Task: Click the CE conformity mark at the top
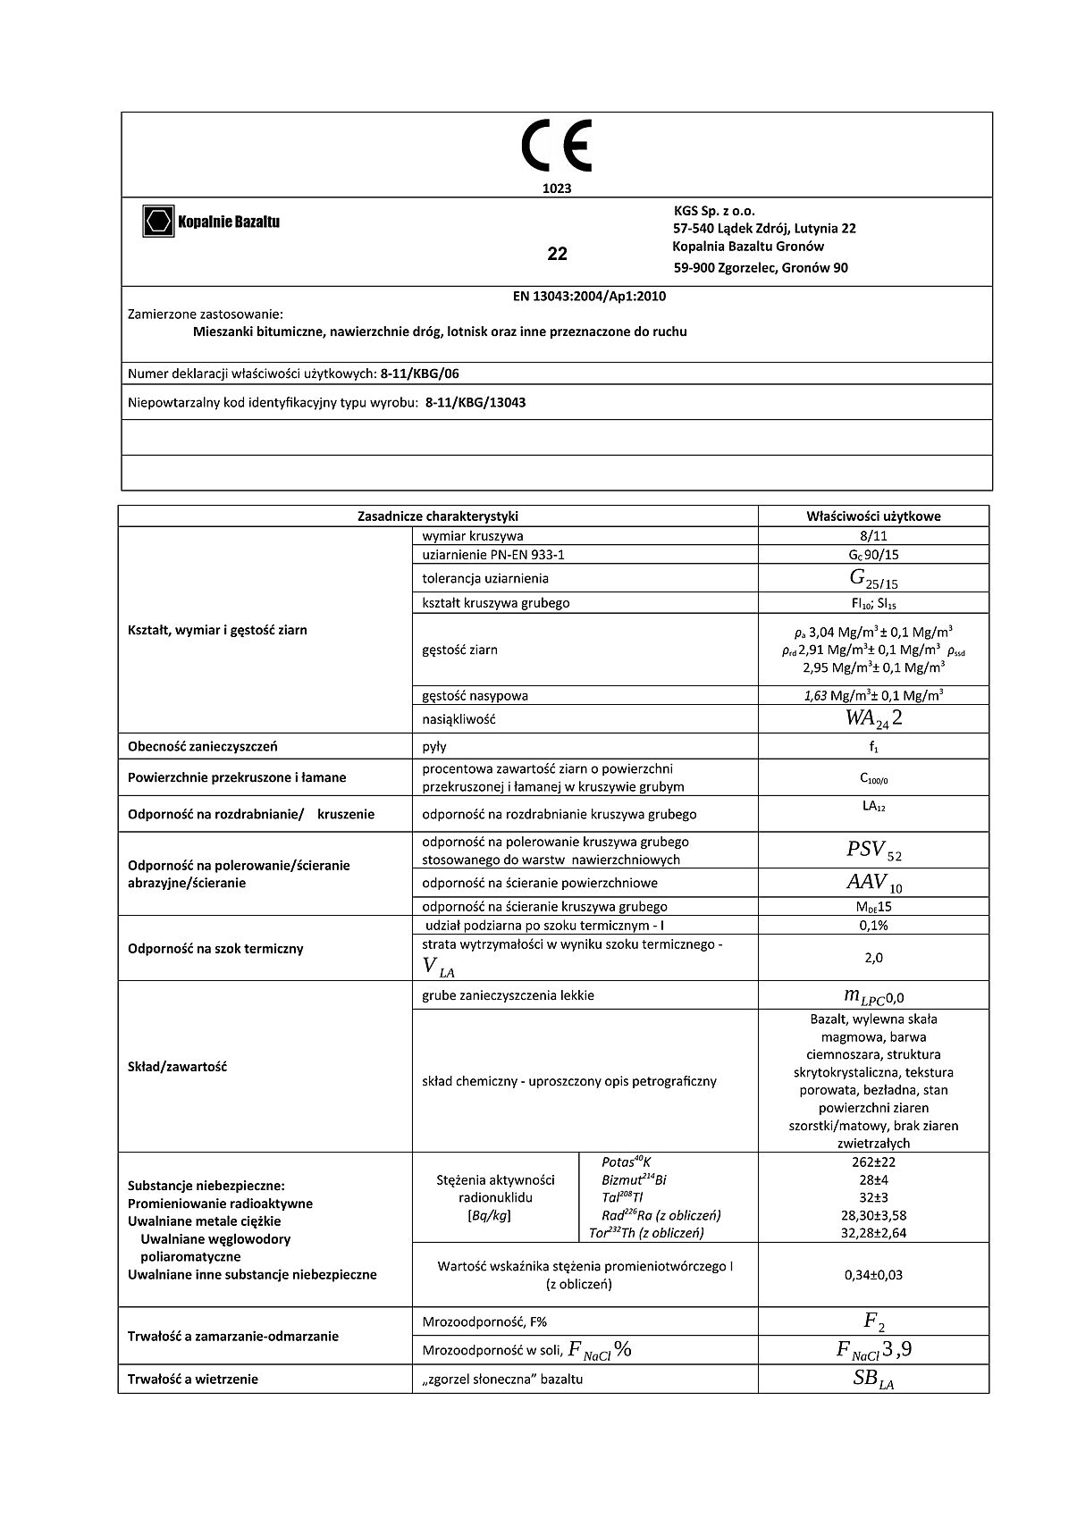(x=556, y=148)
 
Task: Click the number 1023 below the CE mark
(x=556, y=189)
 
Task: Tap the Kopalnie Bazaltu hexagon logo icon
(x=158, y=221)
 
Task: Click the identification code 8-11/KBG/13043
(x=475, y=402)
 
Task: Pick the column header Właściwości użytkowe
(x=872, y=516)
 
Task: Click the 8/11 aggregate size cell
(x=872, y=536)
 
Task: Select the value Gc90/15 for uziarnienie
(x=872, y=555)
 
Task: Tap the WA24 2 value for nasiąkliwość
(x=873, y=718)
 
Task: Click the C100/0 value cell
(x=873, y=778)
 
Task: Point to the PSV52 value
(x=873, y=851)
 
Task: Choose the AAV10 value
(x=873, y=883)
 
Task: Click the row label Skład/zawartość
(x=177, y=1067)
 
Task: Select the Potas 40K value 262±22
(x=873, y=1162)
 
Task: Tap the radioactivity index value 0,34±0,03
(x=873, y=1275)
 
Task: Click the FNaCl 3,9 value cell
(x=873, y=1350)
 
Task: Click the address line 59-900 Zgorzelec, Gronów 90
(x=760, y=267)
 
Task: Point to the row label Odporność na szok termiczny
(x=215, y=948)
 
